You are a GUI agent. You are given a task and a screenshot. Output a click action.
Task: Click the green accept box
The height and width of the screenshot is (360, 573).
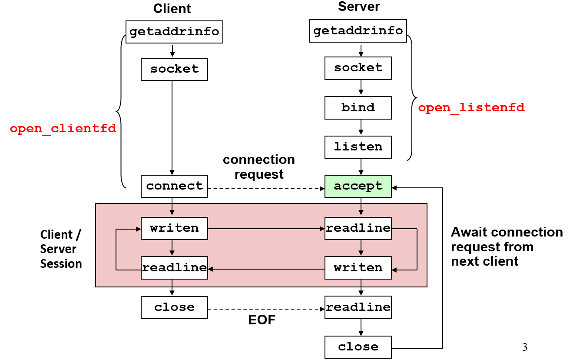click(358, 186)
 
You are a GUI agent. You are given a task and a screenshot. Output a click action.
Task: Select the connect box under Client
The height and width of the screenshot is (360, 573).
click(174, 186)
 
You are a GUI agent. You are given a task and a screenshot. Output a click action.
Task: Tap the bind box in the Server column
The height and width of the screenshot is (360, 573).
click(358, 107)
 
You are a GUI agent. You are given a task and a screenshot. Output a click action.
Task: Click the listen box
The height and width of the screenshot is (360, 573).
click(358, 147)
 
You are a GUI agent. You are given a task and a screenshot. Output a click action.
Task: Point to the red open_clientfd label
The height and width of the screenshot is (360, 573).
click(63, 129)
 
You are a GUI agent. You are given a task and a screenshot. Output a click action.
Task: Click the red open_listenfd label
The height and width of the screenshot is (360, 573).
click(471, 108)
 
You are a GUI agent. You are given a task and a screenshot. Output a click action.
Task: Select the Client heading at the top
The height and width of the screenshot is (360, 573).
click(172, 8)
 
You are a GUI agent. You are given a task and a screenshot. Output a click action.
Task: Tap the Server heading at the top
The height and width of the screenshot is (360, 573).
click(359, 7)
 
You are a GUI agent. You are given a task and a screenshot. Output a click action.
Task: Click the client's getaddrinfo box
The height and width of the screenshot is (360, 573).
click(174, 32)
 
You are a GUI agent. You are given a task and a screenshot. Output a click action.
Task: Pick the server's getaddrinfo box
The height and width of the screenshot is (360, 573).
click(358, 31)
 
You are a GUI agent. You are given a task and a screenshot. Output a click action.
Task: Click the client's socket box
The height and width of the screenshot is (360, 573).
click(174, 69)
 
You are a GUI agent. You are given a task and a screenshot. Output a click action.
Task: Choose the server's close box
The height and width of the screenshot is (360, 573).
click(358, 347)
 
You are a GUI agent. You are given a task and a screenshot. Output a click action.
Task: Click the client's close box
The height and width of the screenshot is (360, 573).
click(174, 307)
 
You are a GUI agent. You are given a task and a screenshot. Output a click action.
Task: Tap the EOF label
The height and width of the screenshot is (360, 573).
click(262, 320)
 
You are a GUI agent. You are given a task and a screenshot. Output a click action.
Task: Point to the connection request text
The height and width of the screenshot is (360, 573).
click(259, 167)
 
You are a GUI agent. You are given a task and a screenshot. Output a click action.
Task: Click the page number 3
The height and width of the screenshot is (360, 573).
click(524, 347)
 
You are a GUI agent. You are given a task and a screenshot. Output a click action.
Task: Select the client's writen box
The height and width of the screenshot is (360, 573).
click(174, 228)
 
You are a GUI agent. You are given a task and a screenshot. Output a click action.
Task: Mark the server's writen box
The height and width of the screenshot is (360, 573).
click(358, 268)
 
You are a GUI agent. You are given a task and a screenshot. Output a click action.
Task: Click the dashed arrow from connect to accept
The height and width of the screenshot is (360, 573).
click(266, 189)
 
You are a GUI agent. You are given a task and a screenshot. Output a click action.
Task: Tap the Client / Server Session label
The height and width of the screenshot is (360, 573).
click(61, 249)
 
